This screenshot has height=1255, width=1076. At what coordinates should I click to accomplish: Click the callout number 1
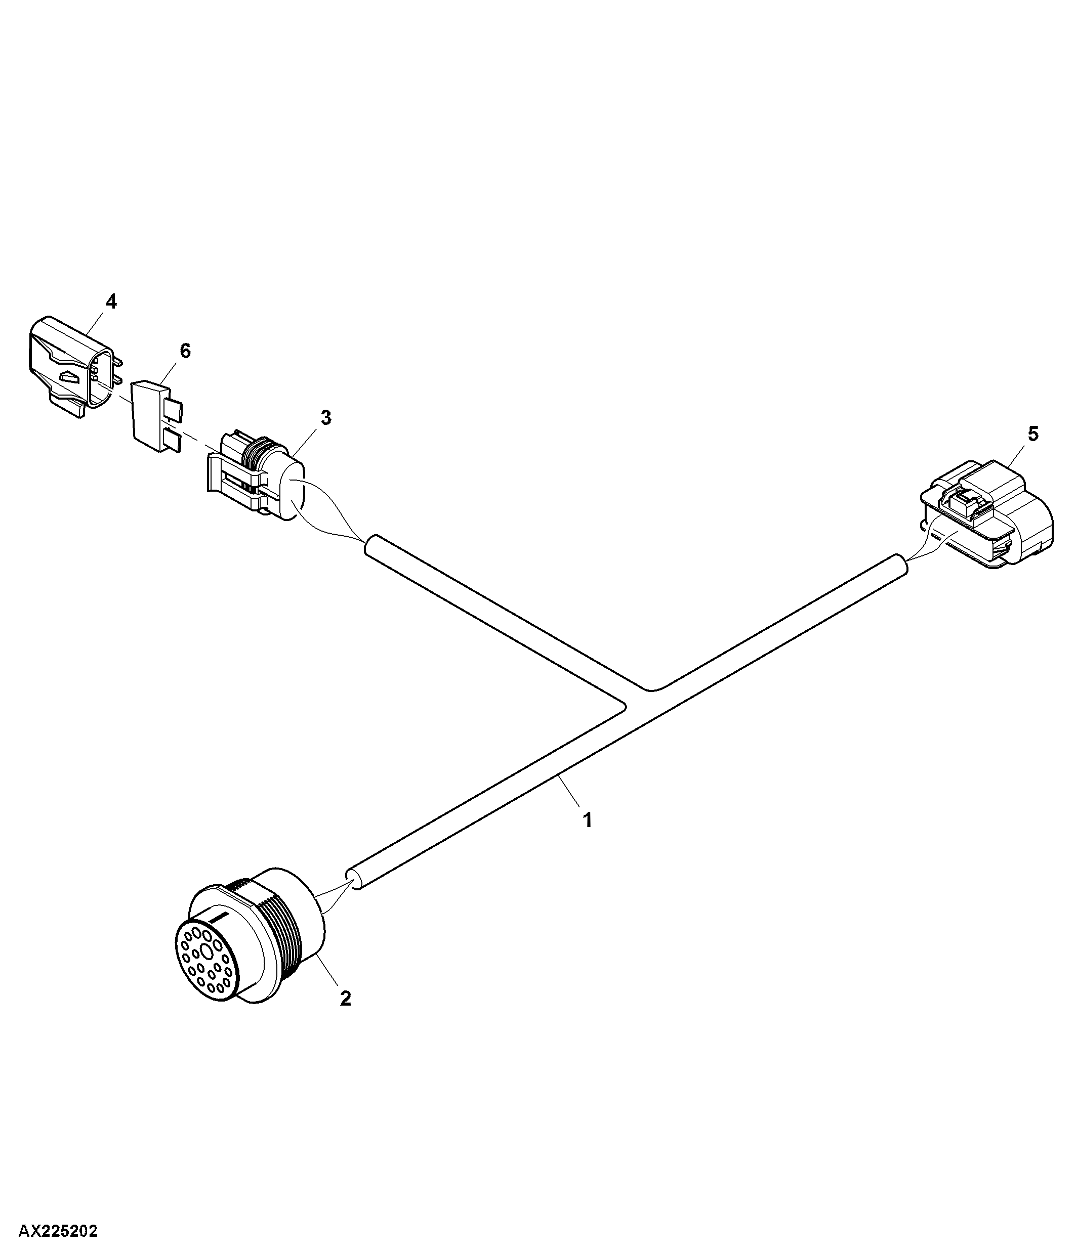pos(587,820)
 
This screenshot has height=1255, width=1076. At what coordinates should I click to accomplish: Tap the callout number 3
pos(326,417)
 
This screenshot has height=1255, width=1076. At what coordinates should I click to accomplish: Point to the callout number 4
pos(111,301)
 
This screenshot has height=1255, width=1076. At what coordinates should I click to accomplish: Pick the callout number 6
pos(185,350)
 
